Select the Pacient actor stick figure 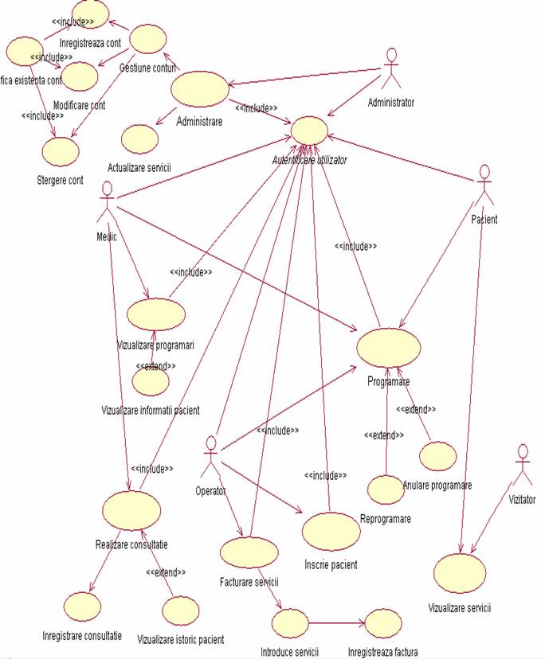pos(484,187)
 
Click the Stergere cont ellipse pos(61,150)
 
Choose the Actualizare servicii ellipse pos(139,138)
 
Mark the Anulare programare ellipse pos(437,456)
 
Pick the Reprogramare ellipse pos(386,489)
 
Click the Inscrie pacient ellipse pos(331,532)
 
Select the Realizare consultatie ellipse pos(131,510)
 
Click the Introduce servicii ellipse pos(290,622)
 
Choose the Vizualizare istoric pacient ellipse pos(180,610)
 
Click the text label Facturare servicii pos(249,582)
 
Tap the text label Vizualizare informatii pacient pos(151,410)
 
